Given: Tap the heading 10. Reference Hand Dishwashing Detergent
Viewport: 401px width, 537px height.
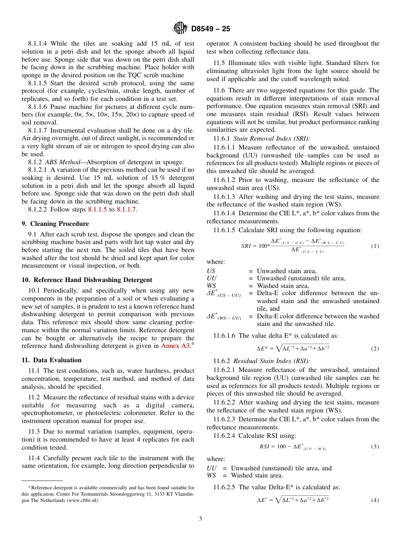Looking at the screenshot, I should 87,280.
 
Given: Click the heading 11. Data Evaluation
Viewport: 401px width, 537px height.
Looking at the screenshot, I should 51,360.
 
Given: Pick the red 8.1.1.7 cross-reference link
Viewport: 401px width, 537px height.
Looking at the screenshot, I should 126,209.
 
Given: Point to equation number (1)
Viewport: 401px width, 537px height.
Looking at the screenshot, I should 374,246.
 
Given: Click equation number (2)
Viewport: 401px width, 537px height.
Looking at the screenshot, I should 374,349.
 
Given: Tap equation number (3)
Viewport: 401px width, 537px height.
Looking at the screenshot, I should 374,447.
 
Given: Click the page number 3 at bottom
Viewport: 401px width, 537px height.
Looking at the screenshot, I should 200,519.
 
